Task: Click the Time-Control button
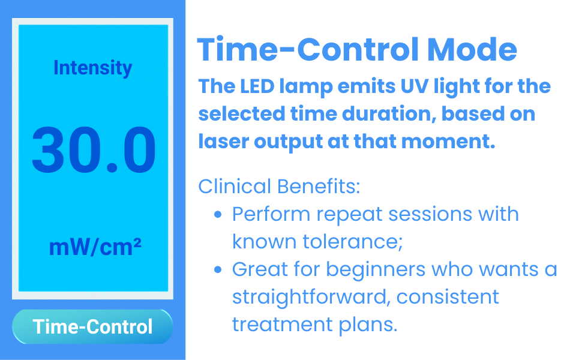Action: tap(92, 326)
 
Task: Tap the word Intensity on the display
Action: tap(93, 68)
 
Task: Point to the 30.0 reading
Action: tap(94, 149)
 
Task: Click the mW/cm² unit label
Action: tap(95, 247)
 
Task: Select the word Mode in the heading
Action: tap(472, 49)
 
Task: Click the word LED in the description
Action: tap(257, 86)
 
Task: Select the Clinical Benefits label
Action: tap(279, 186)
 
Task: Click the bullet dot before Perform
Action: tap(218, 214)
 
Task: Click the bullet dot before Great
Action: tap(218, 269)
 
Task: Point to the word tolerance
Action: tap(352, 242)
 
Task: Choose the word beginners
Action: tap(376, 270)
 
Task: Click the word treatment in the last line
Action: tap(282, 325)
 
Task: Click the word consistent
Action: tap(448, 297)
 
